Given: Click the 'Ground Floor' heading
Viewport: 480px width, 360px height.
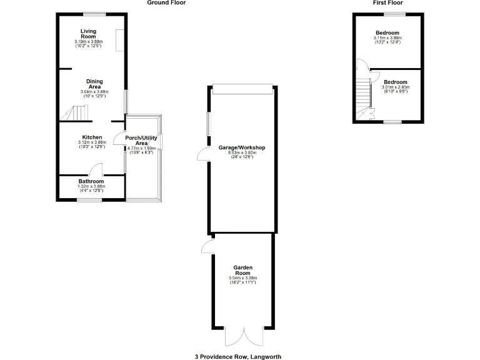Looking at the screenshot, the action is [166, 3].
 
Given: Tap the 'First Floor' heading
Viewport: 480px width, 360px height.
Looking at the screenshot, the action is [387, 3].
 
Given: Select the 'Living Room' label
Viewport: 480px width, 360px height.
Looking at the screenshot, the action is [87, 34].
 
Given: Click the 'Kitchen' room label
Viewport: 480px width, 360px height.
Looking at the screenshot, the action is [92, 137].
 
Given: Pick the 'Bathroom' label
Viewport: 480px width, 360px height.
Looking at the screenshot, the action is [91, 181].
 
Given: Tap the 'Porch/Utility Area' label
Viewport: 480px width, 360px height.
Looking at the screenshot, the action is [141, 140].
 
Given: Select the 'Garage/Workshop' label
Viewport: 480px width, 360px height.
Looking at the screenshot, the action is [242, 148].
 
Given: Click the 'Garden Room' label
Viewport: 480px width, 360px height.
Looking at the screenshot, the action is [243, 270].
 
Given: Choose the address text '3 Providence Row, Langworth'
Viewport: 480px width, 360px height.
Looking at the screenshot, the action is [238, 356].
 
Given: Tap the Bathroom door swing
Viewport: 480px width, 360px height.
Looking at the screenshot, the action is [96, 169].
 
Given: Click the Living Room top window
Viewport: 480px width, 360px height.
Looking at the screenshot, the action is [95, 14].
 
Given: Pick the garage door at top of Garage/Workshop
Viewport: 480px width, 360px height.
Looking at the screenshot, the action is [242, 90].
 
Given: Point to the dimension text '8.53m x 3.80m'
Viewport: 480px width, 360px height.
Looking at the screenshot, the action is [242, 152].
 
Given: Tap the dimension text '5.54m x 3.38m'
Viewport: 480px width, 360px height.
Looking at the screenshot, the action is [243, 277].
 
